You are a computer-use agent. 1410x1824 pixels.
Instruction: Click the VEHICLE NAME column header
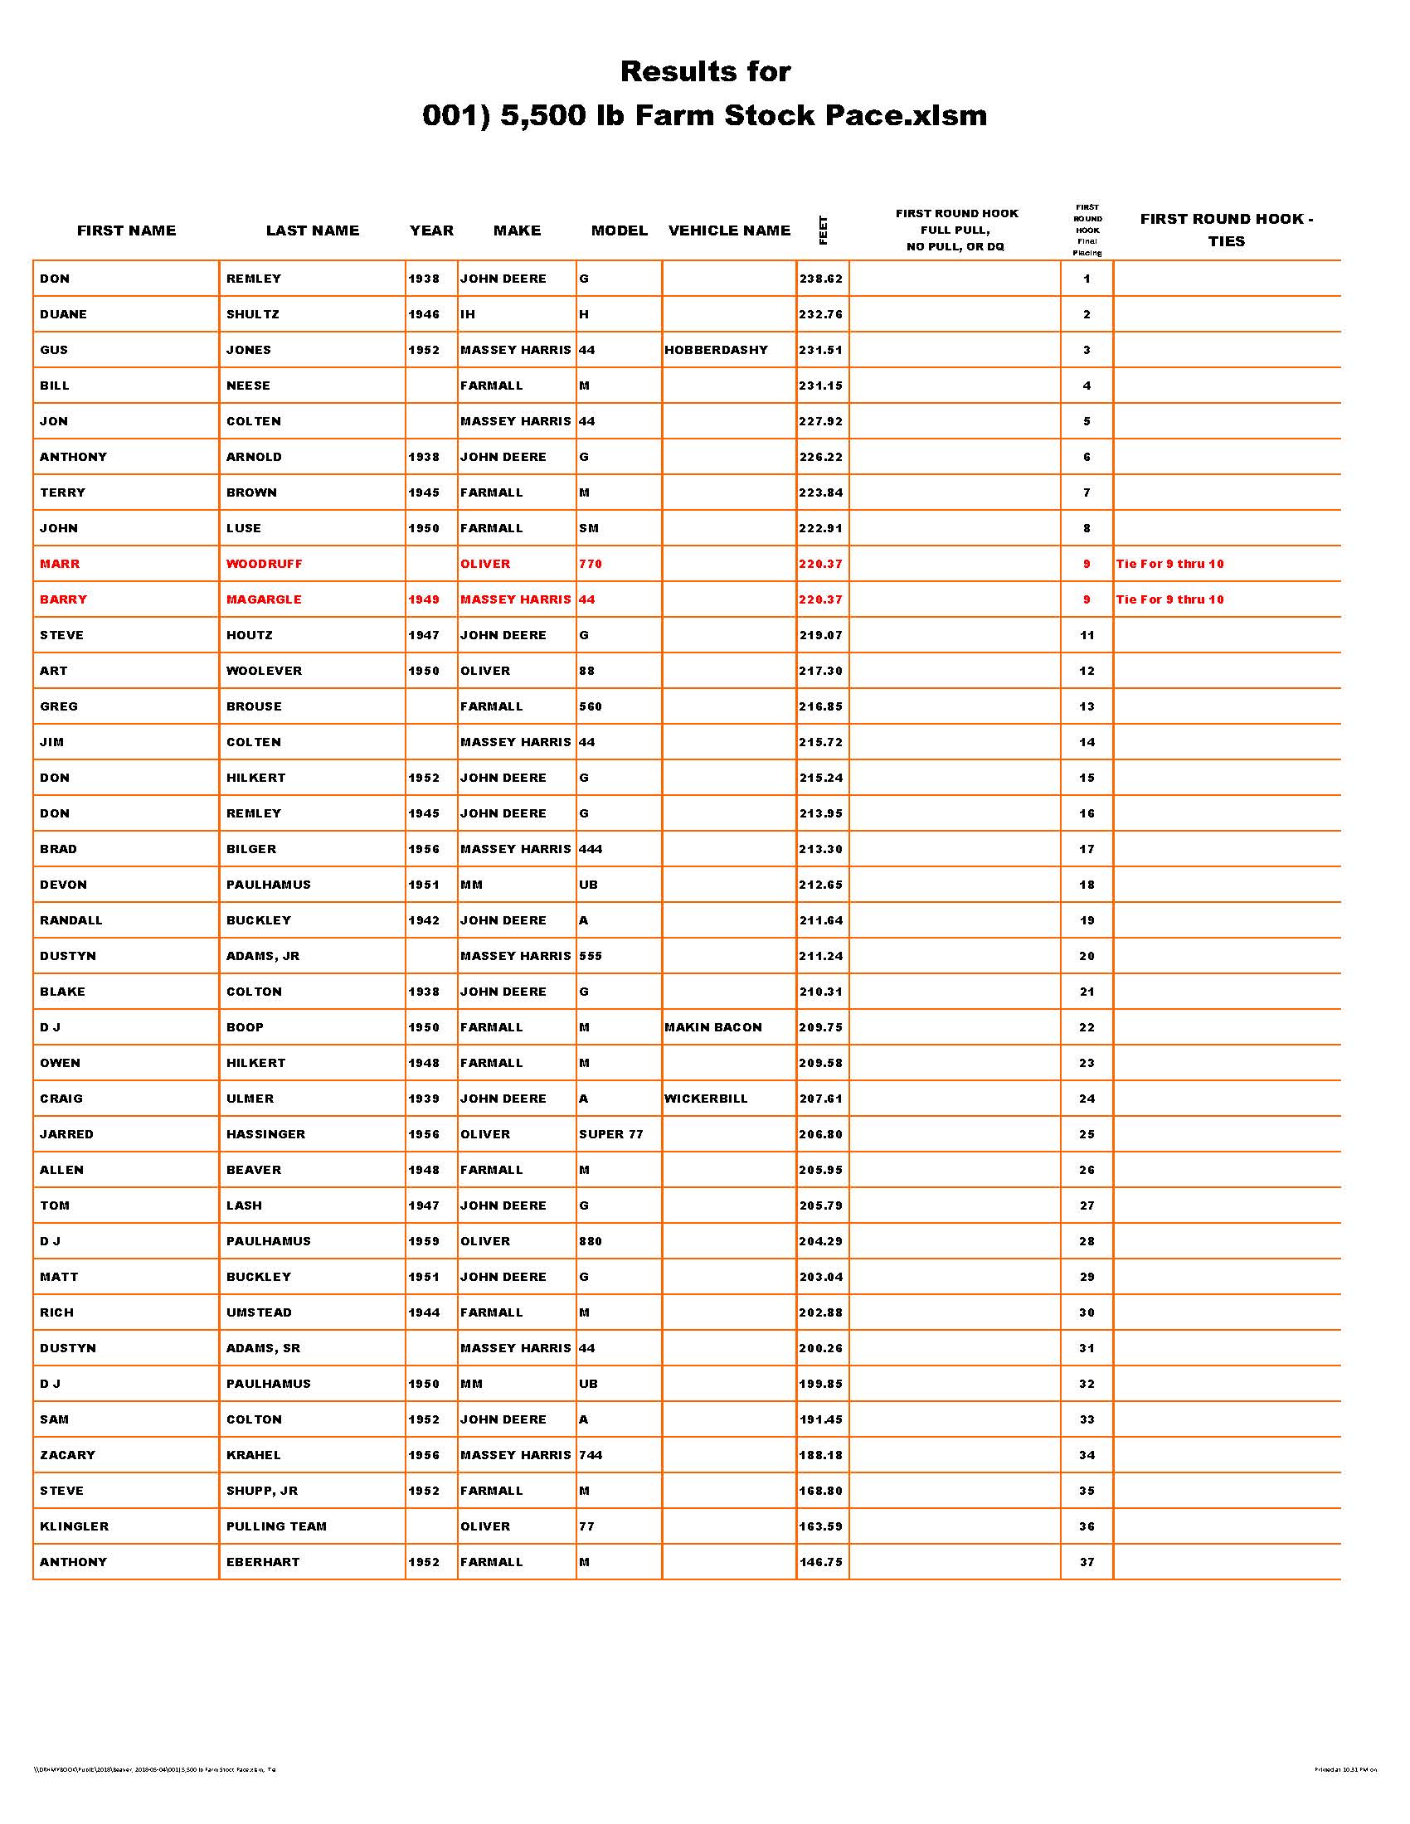click(728, 230)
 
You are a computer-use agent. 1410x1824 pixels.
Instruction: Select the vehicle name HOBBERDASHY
click(716, 350)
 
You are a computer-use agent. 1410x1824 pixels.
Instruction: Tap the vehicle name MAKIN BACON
click(712, 1027)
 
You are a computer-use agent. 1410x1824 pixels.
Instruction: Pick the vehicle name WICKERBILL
click(706, 1099)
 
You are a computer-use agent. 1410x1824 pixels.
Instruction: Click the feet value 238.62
click(820, 279)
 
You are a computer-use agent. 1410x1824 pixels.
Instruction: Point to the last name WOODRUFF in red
click(264, 564)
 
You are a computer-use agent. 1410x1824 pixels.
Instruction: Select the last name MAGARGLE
click(264, 599)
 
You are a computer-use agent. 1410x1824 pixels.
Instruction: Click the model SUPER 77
click(610, 1134)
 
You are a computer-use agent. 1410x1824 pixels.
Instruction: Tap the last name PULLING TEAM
click(275, 1526)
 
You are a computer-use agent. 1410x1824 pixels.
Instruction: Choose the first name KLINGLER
click(75, 1526)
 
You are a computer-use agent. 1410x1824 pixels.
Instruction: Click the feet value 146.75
click(820, 1562)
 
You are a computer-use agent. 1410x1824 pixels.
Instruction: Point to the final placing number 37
click(1086, 1562)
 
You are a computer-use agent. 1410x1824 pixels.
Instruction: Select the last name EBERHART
click(262, 1562)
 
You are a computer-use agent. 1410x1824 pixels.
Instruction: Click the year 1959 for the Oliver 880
click(424, 1241)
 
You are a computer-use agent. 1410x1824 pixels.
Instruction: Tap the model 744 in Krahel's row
click(590, 1455)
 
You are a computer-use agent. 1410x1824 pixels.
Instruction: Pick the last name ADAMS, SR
click(263, 1348)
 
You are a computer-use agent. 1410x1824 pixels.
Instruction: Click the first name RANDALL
click(71, 920)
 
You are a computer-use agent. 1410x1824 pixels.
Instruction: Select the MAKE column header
click(516, 230)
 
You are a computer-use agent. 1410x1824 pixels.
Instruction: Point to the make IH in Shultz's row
click(467, 315)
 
